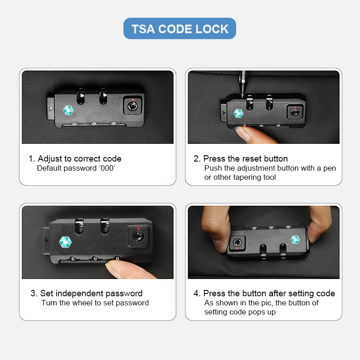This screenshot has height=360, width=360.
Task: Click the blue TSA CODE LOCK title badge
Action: tap(180, 29)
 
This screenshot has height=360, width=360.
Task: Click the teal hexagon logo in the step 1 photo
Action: tap(68, 110)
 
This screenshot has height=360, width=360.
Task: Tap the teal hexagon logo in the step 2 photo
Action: tap(238, 113)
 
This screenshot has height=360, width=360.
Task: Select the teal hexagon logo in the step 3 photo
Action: tap(65, 242)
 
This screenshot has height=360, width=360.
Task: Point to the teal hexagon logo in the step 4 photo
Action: tap(295, 239)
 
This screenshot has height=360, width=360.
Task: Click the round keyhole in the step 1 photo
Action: tap(133, 106)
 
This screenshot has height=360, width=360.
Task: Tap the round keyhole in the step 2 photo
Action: tap(295, 113)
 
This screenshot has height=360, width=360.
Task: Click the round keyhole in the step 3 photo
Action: tap(138, 237)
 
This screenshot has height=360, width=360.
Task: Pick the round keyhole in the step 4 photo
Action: tap(237, 243)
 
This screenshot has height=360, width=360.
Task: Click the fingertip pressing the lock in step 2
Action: tap(244, 133)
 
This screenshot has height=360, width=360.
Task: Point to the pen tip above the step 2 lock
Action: tap(242, 95)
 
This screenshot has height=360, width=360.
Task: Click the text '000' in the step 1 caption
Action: tap(107, 168)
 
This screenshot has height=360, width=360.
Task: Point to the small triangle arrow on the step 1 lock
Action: tap(51, 108)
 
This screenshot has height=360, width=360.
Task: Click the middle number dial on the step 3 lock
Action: tap(95, 259)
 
